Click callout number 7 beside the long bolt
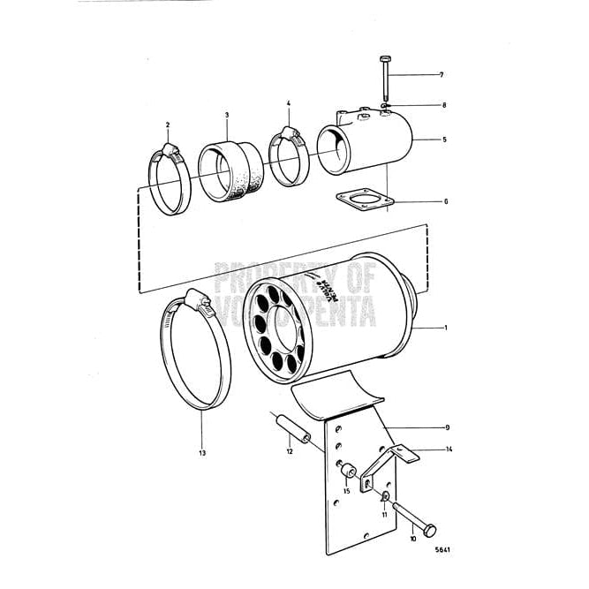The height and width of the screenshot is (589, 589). (442, 74)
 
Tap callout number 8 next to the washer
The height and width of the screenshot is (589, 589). (444, 105)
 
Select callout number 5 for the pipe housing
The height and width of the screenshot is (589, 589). (445, 140)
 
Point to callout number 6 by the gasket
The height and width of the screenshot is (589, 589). (445, 201)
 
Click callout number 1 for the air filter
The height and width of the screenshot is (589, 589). (445, 328)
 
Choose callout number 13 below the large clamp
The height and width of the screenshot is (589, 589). (202, 453)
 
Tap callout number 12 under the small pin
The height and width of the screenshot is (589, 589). (289, 451)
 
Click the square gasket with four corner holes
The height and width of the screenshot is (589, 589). (364, 202)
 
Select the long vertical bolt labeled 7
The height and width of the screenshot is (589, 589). (386, 84)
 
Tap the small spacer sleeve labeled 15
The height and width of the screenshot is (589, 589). (346, 467)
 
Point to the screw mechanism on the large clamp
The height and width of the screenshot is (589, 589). (200, 306)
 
